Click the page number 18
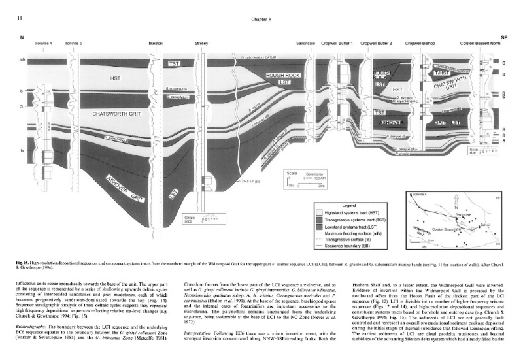click(x=12, y=19)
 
